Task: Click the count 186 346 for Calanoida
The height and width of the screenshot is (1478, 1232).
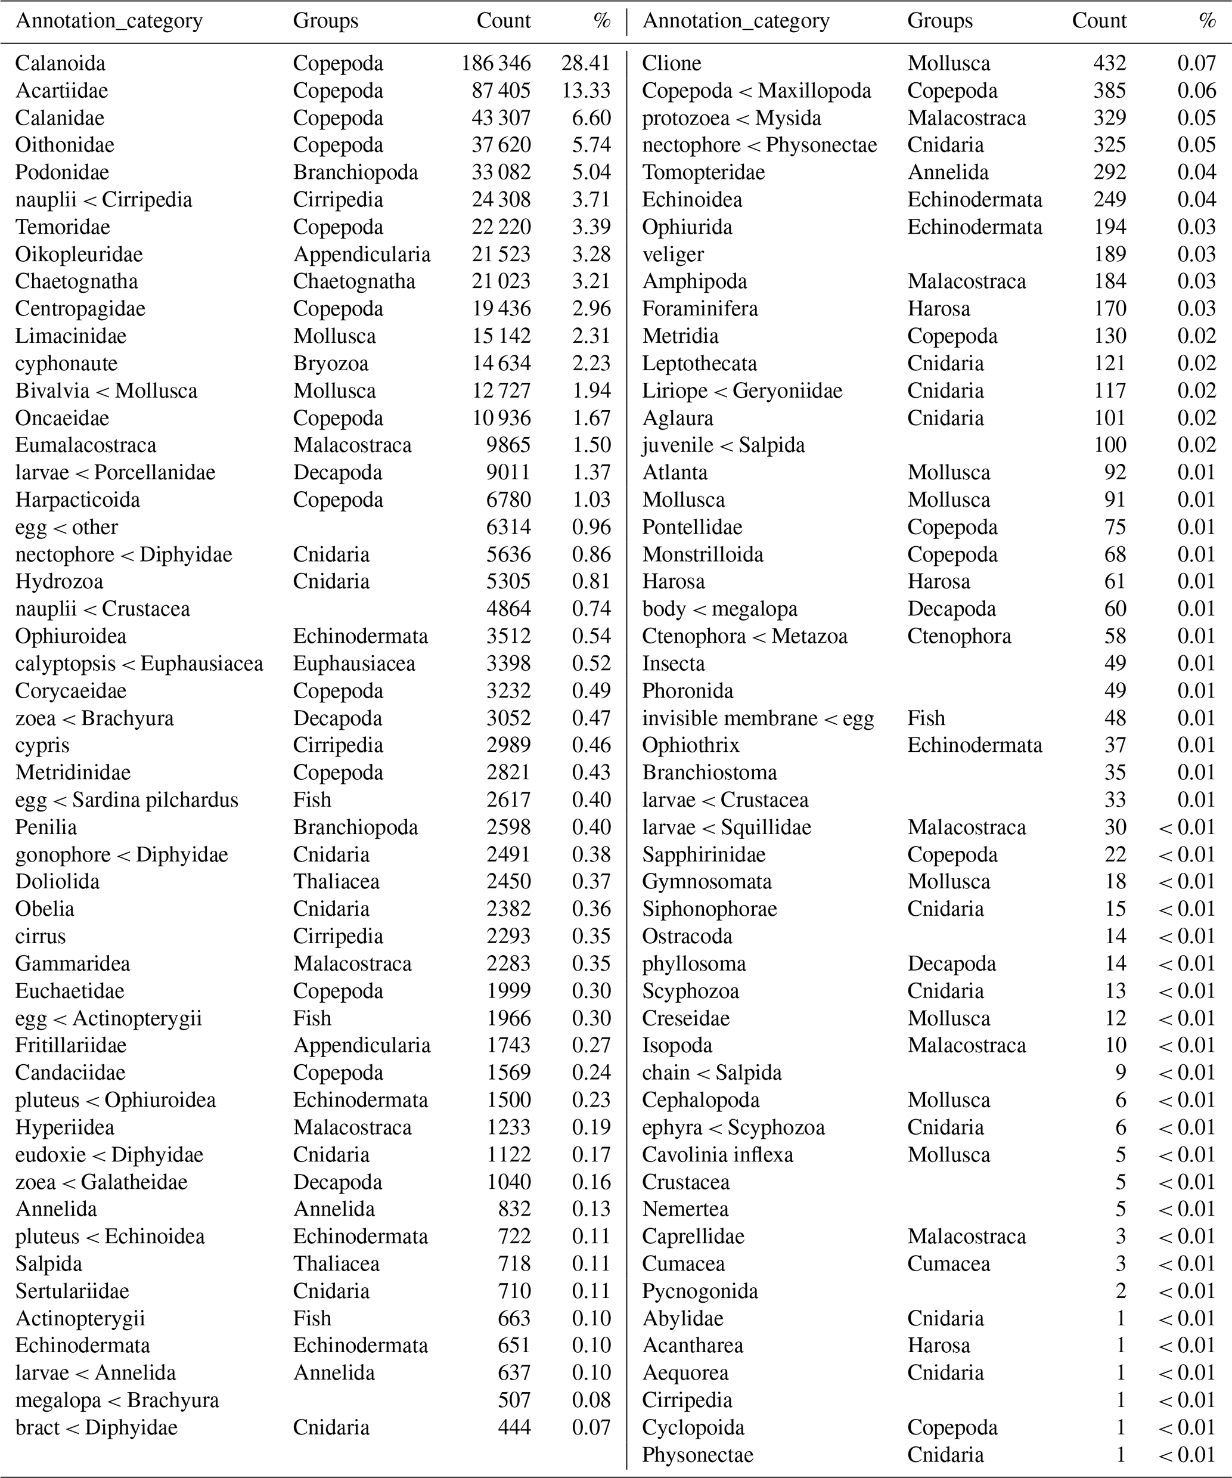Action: pos(495,63)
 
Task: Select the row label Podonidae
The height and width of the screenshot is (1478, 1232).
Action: pos(62,172)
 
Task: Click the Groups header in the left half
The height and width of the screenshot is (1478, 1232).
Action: pos(325,20)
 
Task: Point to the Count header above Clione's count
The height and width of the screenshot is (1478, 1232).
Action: pos(1098,20)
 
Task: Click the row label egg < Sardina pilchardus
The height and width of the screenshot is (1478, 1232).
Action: pos(126,800)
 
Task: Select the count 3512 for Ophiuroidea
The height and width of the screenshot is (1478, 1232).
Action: pos(508,636)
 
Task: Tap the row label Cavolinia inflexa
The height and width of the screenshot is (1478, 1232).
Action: pos(717,1155)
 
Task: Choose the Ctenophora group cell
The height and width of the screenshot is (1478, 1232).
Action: pos(958,636)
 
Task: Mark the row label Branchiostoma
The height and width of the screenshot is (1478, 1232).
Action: pos(709,773)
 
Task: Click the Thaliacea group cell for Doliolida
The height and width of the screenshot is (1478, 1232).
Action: pos(336,882)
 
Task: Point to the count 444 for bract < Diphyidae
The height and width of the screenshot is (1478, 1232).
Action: pos(514,1427)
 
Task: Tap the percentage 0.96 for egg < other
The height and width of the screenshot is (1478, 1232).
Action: pos(591,527)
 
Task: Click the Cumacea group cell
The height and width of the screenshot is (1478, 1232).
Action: pos(948,1264)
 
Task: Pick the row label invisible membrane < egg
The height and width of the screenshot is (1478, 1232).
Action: pos(758,718)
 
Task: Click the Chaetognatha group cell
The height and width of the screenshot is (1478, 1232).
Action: pos(354,281)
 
